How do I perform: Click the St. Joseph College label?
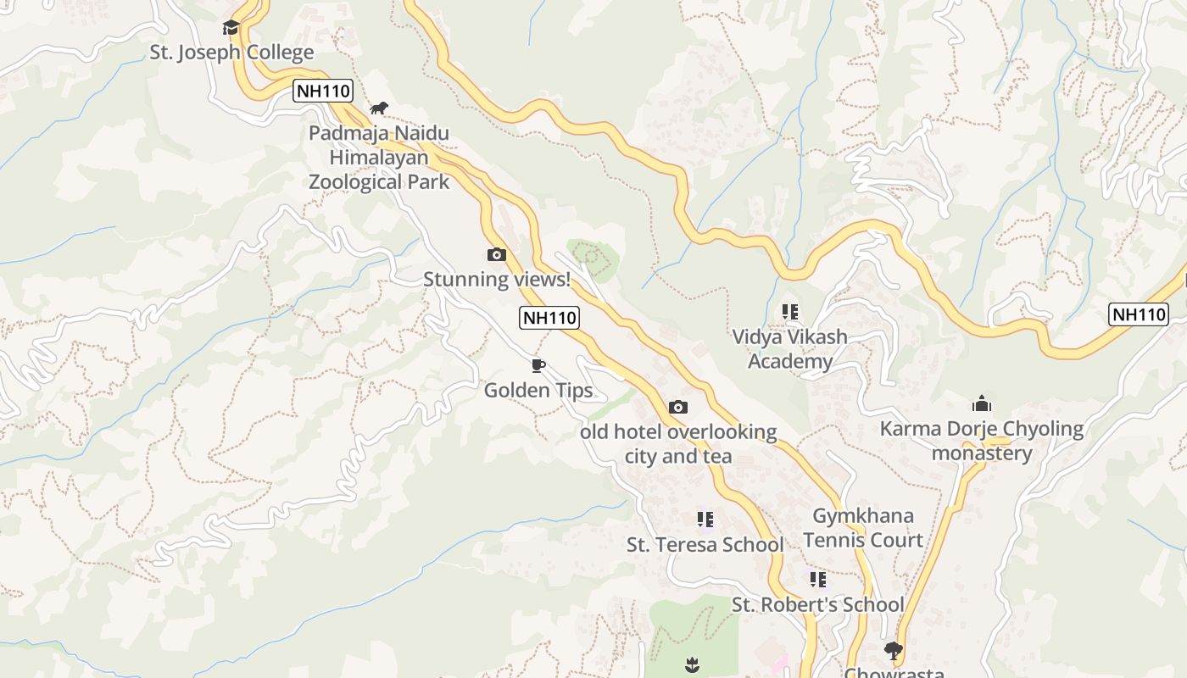[x=231, y=53]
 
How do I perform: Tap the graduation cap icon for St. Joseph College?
[x=231, y=27]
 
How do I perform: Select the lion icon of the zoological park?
[x=379, y=108]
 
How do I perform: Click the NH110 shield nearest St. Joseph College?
[x=323, y=91]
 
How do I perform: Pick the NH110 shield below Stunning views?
[x=549, y=318]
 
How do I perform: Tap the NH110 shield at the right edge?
[x=1139, y=314]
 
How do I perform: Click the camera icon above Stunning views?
[x=497, y=254]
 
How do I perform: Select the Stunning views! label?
[x=497, y=279]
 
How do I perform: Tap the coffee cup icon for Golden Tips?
[x=538, y=365]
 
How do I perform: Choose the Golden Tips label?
[x=538, y=391]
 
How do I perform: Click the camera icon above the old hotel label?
[x=678, y=407]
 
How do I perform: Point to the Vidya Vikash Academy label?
[x=790, y=349]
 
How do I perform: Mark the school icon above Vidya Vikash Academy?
[x=790, y=312]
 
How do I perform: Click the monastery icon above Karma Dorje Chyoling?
[x=982, y=403]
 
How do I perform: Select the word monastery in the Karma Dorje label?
[x=982, y=453]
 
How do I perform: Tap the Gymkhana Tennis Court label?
[x=863, y=528]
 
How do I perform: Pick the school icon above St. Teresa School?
[x=705, y=519]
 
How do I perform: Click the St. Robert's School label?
[x=818, y=605]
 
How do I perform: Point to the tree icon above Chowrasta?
[x=893, y=650]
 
